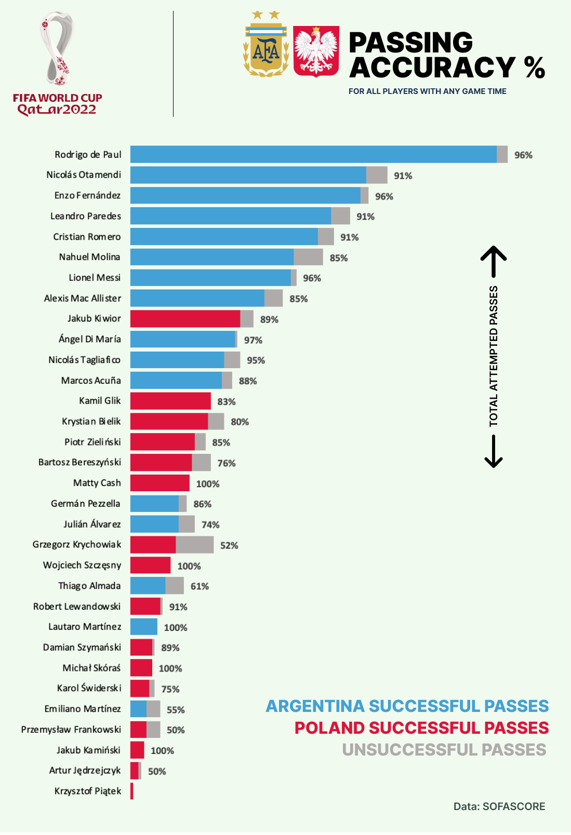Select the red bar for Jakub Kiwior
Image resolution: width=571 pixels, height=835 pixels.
point(185,319)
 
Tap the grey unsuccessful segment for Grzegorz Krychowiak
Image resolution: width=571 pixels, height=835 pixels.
point(195,545)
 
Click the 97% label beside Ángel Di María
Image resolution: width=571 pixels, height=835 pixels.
point(253,340)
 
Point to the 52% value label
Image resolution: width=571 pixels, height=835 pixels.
point(229,545)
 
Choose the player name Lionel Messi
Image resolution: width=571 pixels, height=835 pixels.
point(95,278)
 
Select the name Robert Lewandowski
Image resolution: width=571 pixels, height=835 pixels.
point(77,607)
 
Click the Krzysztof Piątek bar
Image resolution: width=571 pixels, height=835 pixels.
point(132,791)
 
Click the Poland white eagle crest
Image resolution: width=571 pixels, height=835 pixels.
point(316,51)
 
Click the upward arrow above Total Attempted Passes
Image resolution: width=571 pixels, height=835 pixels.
point(494,261)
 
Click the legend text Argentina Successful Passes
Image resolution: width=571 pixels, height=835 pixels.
point(407,706)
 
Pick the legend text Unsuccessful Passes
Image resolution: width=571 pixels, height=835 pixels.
point(444,750)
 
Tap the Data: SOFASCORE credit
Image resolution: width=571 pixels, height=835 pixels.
point(499,806)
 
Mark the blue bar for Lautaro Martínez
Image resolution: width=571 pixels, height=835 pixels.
point(144,627)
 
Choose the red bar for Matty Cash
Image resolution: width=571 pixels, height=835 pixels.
point(160,483)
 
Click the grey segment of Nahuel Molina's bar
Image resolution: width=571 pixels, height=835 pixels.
point(308,257)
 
